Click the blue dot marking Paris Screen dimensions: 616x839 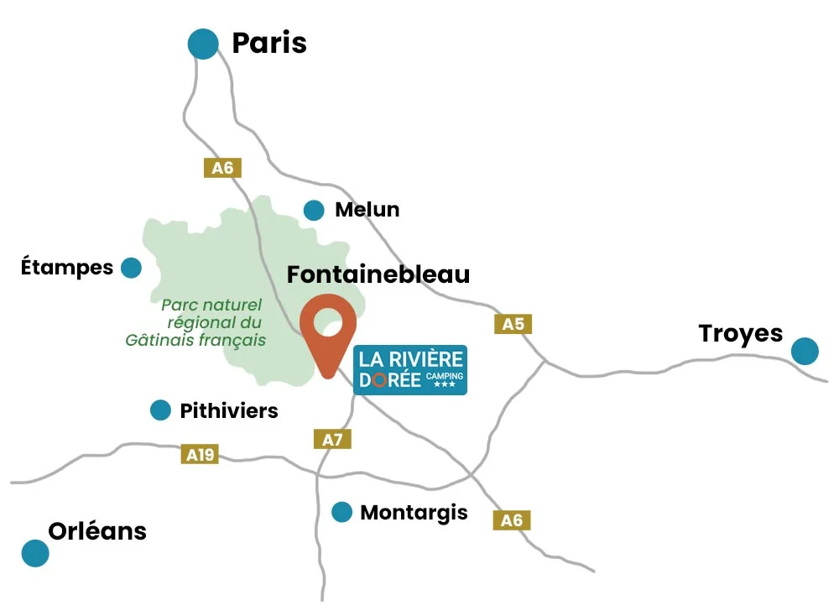click(203, 44)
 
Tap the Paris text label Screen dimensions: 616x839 click(268, 43)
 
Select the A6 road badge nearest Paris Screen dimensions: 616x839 click(222, 168)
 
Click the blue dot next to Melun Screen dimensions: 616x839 click(314, 210)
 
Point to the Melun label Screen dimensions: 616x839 click(367, 210)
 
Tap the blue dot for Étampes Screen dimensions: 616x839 click(131, 268)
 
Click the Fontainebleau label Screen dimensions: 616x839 click(378, 274)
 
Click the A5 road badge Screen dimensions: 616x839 click(513, 324)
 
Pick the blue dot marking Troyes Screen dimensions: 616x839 click(805, 351)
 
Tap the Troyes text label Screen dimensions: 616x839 click(740, 333)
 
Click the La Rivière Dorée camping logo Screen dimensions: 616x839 click(409, 369)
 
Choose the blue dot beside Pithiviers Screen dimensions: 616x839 click(160, 410)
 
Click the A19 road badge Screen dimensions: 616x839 click(200, 455)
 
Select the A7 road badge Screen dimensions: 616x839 click(332, 439)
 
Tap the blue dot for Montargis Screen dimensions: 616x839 click(341, 512)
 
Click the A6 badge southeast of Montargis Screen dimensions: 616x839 click(512, 520)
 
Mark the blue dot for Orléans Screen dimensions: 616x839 click(35, 553)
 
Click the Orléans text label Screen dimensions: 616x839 click(97, 531)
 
